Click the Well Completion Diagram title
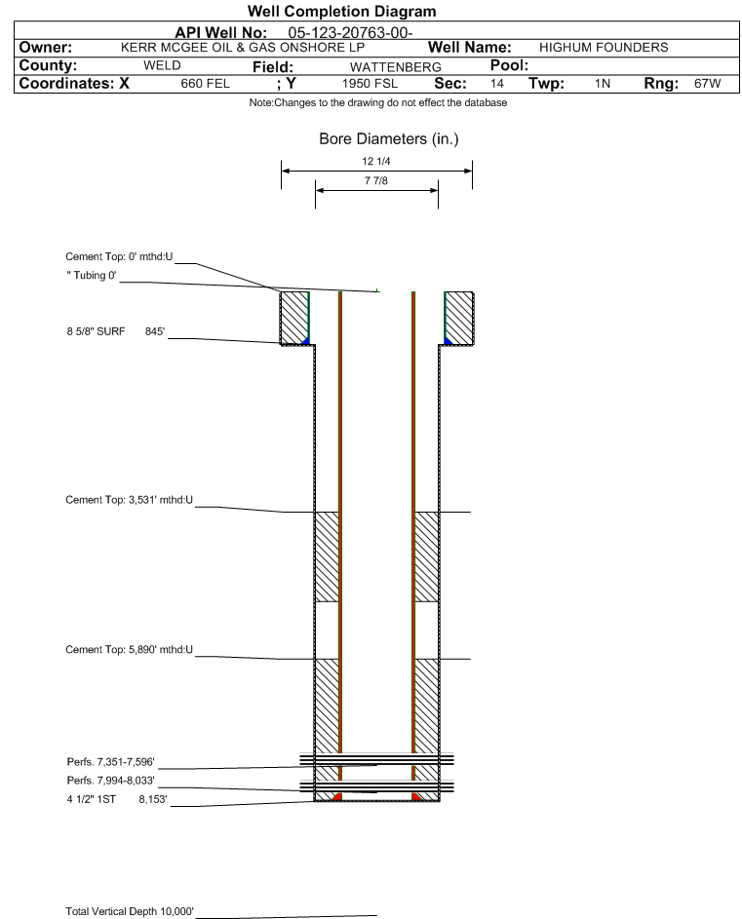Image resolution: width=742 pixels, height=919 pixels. pos(341,11)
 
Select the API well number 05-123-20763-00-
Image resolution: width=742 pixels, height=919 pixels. pos(350,33)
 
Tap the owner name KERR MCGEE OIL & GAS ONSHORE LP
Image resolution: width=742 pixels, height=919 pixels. pos(243,48)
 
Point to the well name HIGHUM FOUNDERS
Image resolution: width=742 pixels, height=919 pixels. pos(604,48)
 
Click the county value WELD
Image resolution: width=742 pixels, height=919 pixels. pos(162,65)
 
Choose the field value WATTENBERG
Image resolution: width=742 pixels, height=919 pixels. pos(395,67)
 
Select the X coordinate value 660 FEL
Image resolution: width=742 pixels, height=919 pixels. pos(206,84)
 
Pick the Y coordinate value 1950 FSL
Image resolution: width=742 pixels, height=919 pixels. pos(370,84)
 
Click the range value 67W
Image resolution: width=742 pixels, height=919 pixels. pos(708,84)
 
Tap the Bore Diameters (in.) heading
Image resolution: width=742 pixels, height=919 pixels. pos(388,139)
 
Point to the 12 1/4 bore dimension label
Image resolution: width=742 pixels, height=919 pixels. pos(376,161)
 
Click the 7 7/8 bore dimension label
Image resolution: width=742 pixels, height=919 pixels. pos(376,180)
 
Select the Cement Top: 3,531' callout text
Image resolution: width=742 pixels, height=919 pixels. pos(129,500)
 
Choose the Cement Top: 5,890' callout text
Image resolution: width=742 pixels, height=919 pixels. pos(129,649)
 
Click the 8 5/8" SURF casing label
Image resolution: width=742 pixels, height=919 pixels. pos(96,331)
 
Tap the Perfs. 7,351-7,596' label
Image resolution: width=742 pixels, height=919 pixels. pos(111,762)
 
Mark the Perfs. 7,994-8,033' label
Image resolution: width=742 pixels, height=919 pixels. pos(111,781)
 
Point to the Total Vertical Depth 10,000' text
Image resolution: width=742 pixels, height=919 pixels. pos(130,911)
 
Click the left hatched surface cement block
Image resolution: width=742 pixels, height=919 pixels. pos(294,318)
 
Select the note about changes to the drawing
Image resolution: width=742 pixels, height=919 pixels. pos(377,102)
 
